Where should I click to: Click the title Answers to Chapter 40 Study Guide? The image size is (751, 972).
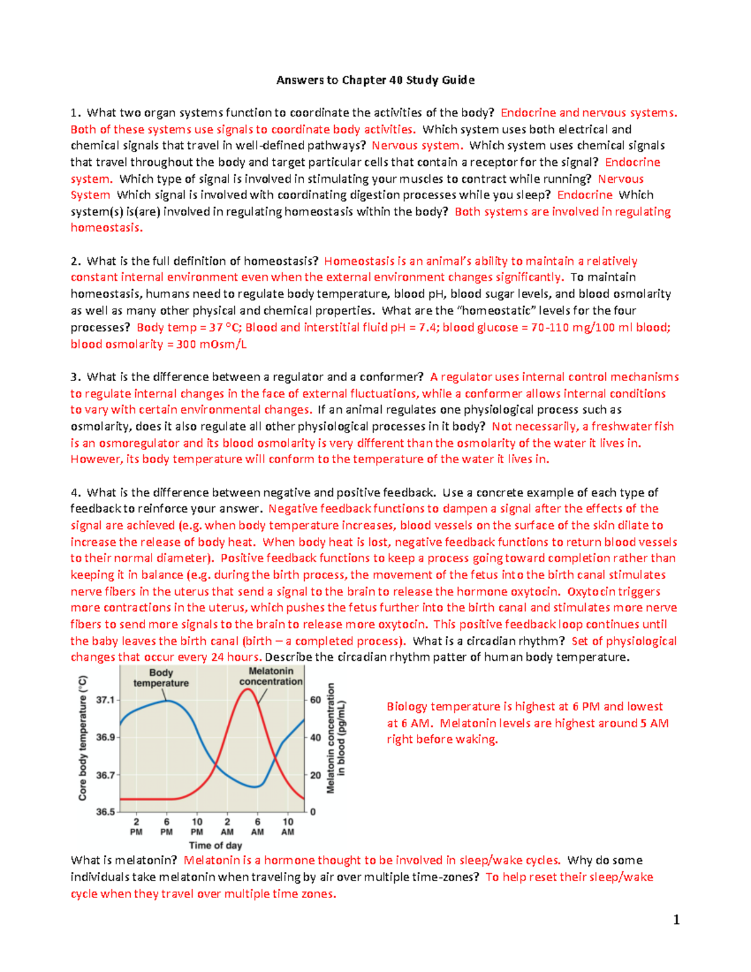point(375,80)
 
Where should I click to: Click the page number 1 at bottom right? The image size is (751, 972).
point(676,919)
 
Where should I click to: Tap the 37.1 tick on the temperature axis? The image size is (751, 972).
point(105,700)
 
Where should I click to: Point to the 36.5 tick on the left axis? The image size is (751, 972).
point(105,812)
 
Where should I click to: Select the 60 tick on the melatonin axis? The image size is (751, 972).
point(315,700)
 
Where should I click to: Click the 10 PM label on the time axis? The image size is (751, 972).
point(197,826)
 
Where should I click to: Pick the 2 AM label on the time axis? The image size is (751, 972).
point(227,826)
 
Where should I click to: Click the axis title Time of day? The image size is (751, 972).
point(215,845)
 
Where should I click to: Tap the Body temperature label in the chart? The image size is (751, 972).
point(161,678)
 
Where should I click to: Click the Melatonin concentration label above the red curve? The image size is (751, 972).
point(271,676)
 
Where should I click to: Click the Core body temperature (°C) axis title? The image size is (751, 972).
point(83,738)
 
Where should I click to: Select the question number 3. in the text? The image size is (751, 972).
point(76,377)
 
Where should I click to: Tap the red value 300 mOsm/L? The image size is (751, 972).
point(211,344)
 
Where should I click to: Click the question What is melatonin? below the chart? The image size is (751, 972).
point(124,861)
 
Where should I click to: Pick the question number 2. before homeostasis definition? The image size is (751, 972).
point(76,261)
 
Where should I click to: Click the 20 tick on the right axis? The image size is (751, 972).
point(315,775)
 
